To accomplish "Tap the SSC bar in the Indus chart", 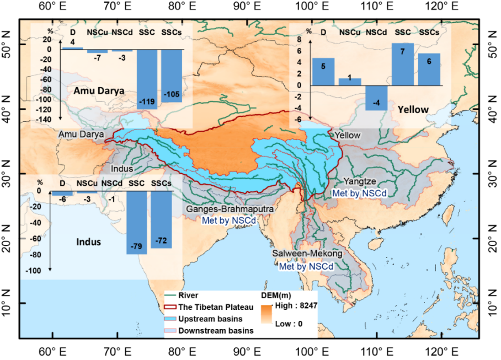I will click(x=136, y=222).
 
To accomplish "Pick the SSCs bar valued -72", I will click(x=161, y=219).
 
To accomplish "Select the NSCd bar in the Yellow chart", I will click(x=376, y=98).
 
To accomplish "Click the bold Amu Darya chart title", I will click(x=99, y=91).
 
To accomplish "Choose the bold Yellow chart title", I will click(x=412, y=109).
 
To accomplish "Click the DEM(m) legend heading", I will click(x=279, y=295).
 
